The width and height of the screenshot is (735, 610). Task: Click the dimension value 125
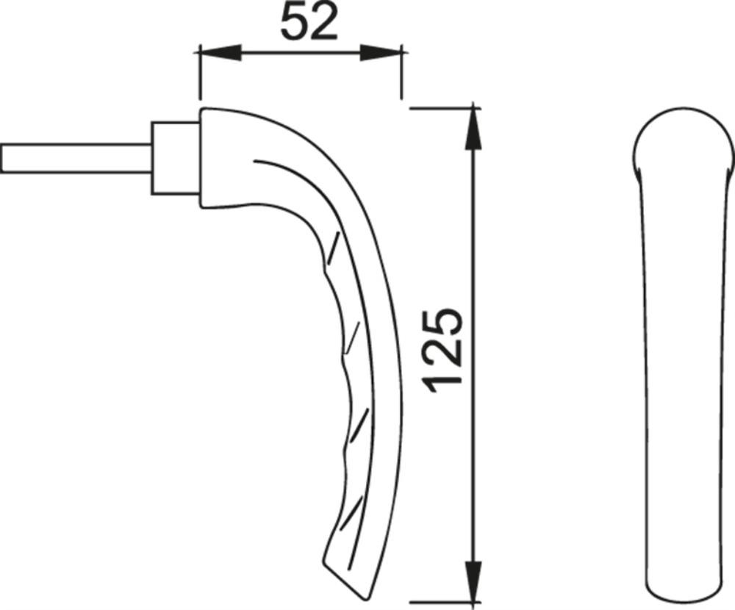[442, 351]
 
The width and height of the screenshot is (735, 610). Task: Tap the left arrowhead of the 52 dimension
[220, 52]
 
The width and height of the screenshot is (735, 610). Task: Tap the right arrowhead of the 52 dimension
[381, 52]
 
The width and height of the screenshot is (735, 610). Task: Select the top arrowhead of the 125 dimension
[475, 129]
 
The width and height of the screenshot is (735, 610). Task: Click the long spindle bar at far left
[76, 159]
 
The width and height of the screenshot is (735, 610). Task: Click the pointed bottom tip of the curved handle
[362, 598]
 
